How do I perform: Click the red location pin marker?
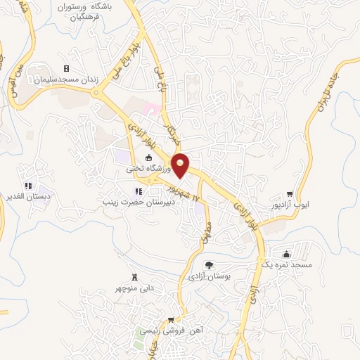click(x=181, y=165)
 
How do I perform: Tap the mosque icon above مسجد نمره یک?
click(x=285, y=253)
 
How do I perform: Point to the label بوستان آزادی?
click(x=209, y=276)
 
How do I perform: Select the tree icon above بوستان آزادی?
click(x=209, y=265)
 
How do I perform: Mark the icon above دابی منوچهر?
click(x=134, y=276)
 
